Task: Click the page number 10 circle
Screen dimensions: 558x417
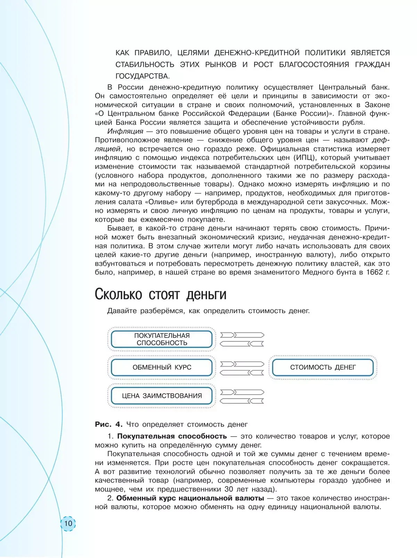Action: [68, 523]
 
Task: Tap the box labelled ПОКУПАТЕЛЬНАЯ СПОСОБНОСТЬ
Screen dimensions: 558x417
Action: [162, 339]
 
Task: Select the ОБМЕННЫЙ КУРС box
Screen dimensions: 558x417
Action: [162, 367]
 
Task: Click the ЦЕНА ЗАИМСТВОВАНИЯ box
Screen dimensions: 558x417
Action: [162, 396]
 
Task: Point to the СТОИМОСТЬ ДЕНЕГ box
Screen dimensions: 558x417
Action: [323, 367]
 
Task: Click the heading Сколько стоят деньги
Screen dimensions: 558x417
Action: [161, 294]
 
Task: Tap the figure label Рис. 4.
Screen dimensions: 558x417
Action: [109, 424]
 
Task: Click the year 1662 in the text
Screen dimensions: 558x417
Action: [374, 272]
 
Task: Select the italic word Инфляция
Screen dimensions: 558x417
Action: [125, 131]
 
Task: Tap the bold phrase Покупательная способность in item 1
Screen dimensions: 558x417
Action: [172, 436]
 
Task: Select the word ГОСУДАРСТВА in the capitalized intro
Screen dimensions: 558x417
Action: [142, 76]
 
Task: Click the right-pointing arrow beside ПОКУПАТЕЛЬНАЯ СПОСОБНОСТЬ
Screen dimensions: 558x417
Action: [242, 335]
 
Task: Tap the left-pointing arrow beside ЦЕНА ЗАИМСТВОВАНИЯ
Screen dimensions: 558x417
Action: [242, 401]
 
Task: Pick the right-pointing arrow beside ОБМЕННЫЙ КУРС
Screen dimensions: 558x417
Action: [242, 364]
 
